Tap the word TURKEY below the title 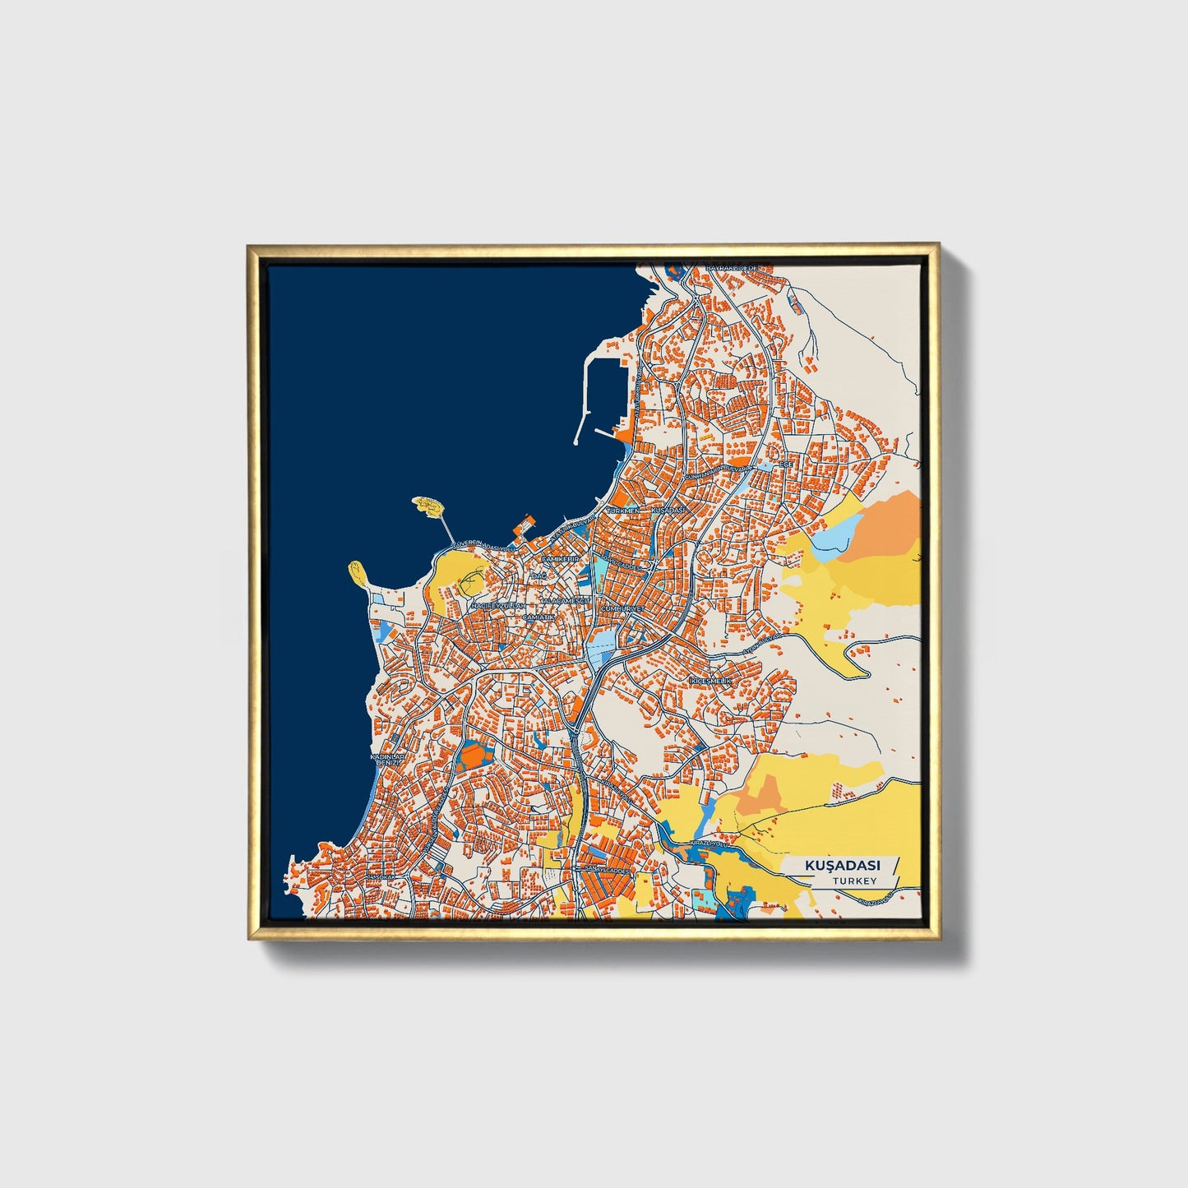[x=853, y=881]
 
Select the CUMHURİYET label [x=624, y=608]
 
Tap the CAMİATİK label [x=539, y=616]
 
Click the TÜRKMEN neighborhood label [x=622, y=511]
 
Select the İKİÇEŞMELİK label [x=710, y=682]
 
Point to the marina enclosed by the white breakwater [x=609, y=386]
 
